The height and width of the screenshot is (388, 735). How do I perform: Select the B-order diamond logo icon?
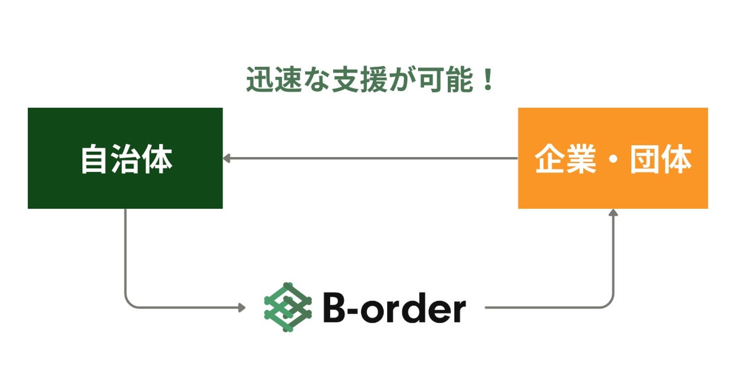click(x=288, y=307)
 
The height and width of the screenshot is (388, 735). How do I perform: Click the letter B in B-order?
click(x=334, y=307)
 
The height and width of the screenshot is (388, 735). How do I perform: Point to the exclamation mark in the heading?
click(x=488, y=80)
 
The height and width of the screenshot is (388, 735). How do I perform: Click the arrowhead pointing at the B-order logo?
click(x=242, y=308)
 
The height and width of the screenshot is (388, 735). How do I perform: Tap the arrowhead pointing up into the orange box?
click(x=613, y=212)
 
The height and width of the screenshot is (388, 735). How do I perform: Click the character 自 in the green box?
click(x=93, y=159)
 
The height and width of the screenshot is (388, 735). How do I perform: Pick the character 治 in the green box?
click(x=125, y=159)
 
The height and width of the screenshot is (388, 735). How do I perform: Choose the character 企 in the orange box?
click(x=550, y=159)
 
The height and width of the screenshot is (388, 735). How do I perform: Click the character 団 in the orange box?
click(x=644, y=159)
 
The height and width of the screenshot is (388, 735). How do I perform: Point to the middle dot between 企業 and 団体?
click(x=613, y=159)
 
